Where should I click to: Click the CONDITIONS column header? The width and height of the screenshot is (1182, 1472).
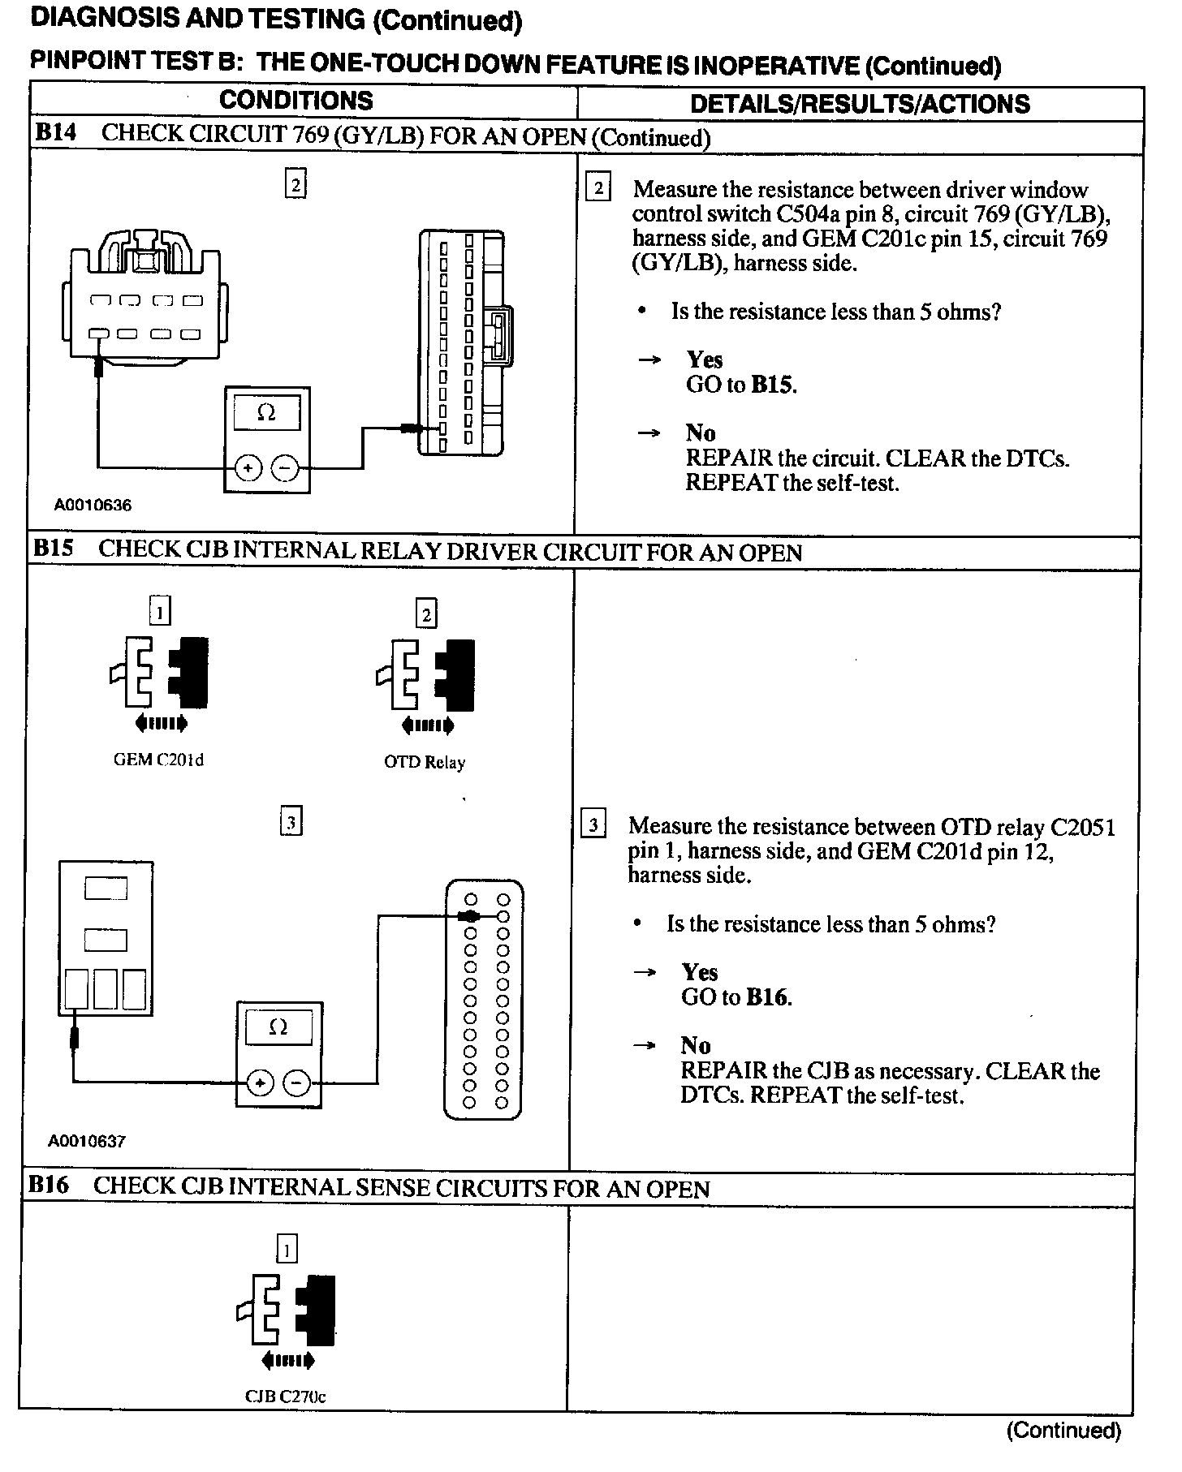pos(295,101)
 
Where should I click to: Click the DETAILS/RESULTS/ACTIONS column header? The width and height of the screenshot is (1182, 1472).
pos(859,104)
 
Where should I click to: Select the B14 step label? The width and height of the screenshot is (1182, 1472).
pos(55,133)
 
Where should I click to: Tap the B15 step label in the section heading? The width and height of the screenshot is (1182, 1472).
pos(53,549)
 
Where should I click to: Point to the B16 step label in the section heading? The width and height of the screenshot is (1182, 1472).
pos(48,1186)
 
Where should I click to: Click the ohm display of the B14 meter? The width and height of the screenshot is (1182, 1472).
pos(266,413)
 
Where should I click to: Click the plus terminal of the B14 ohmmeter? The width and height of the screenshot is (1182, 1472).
pos(248,467)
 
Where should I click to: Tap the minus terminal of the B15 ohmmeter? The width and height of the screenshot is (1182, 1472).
pos(297,1082)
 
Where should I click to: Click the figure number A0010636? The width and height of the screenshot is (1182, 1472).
pos(93,505)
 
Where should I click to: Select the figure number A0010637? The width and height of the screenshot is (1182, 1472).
pos(87,1141)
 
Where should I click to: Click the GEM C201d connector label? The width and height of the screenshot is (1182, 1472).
pos(158,760)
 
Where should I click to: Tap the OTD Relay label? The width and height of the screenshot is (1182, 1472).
pos(425,762)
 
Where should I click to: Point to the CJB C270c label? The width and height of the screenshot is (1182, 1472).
pos(286,1397)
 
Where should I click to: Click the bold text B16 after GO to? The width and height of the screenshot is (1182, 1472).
pos(767,997)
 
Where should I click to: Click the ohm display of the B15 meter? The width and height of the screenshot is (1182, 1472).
pos(278,1027)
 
